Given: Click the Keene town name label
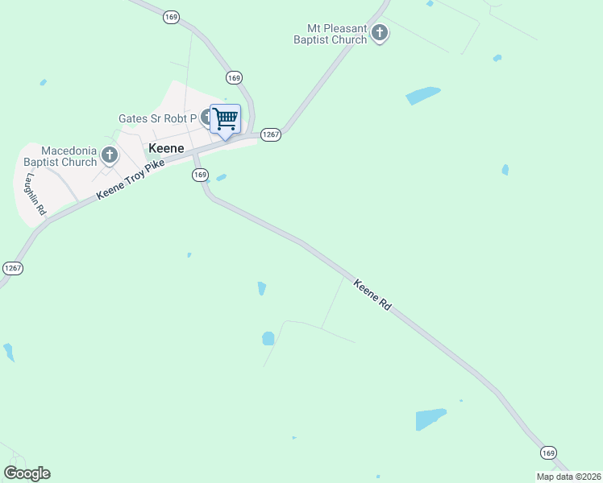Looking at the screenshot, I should (x=167, y=149).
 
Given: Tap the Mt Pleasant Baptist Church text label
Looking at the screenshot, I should (x=331, y=33).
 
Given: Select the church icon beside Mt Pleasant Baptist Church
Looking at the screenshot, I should (x=380, y=33).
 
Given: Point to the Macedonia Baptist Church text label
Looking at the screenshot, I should (x=59, y=156).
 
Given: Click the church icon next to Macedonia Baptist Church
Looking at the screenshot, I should (x=110, y=152).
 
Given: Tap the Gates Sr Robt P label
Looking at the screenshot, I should (x=157, y=118).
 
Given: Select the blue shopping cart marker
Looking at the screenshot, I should (x=226, y=120).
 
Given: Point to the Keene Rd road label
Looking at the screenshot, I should (x=372, y=295).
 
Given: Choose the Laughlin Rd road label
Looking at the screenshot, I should (x=36, y=193).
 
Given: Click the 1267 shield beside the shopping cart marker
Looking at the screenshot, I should (x=271, y=135).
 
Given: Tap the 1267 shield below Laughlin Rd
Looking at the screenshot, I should (x=12, y=268).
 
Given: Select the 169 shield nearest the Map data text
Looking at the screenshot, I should (x=548, y=452).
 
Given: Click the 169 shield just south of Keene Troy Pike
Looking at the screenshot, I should (x=200, y=175).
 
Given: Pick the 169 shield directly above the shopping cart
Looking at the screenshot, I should (x=234, y=78).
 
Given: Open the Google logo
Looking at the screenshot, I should (x=27, y=473).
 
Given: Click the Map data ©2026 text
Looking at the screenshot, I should (x=568, y=477).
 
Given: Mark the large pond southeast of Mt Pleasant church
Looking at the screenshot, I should (x=422, y=95).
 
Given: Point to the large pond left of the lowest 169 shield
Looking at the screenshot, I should (x=430, y=419).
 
